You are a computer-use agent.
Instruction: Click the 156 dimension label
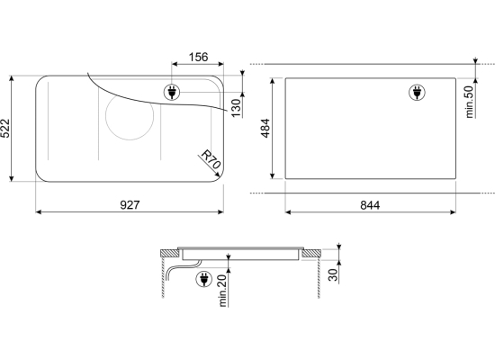click(x=198, y=58)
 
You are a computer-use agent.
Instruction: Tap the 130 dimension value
click(x=236, y=108)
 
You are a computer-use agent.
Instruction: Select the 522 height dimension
click(x=5, y=128)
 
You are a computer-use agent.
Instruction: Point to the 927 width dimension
click(x=130, y=205)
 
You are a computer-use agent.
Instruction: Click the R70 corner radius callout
click(x=211, y=159)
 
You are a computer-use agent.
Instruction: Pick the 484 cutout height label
click(x=265, y=128)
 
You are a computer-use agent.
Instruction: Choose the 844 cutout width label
click(x=370, y=205)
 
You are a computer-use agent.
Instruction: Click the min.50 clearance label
click(x=470, y=102)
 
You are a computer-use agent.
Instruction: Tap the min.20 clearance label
click(x=222, y=291)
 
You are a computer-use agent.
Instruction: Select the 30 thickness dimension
click(x=333, y=274)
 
